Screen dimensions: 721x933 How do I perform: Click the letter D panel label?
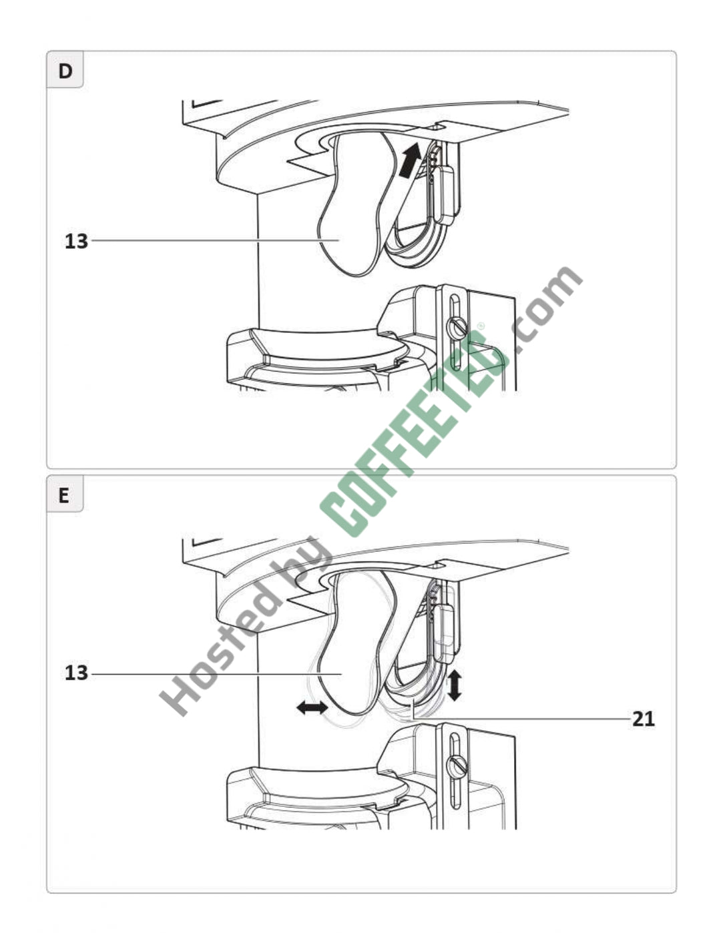pyautogui.click(x=65, y=71)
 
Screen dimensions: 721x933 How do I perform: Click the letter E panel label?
pyautogui.click(x=64, y=496)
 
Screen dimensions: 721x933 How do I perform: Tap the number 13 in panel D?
pyautogui.click(x=76, y=242)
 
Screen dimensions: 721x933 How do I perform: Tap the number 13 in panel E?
pyautogui.click(x=76, y=673)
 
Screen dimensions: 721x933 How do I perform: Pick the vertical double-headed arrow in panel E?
pyautogui.click(x=455, y=685)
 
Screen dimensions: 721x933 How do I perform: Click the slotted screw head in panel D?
pyautogui.click(x=456, y=329)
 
